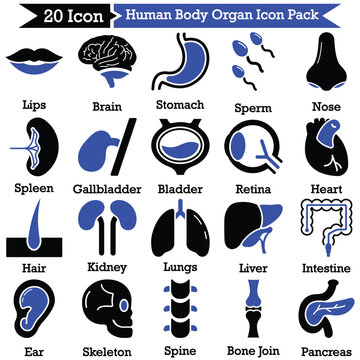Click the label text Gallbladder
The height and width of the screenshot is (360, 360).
[109, 188]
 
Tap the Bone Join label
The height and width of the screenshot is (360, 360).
[253, 352]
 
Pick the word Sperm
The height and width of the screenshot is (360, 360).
[253, 106]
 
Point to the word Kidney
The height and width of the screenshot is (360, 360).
[109, 269]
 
